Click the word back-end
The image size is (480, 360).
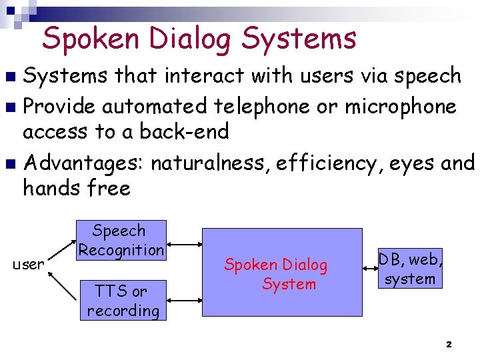183,132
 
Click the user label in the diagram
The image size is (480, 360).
29,265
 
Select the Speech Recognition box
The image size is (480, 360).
121,240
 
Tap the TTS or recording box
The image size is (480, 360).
122,301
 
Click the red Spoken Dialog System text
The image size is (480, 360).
276,274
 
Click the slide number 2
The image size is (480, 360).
448,344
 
